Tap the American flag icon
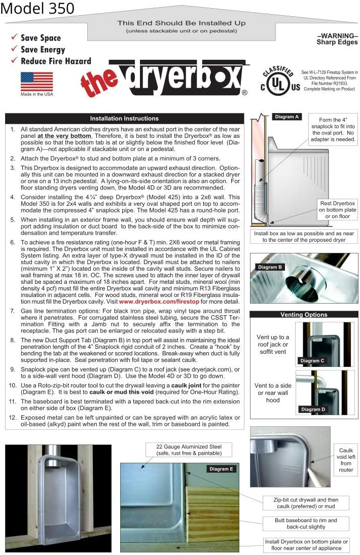coord(37,81)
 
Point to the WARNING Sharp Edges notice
coord(337,39)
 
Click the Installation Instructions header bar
coord(124,118)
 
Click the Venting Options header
coord(304,315)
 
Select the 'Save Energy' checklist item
coord(43,50)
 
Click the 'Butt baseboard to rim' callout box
coord(306,524)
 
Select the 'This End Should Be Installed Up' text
coord(182,23)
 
